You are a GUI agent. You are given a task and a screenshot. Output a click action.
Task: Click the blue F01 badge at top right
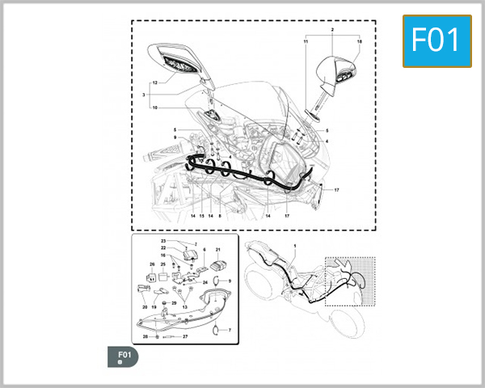[x=436, y=40]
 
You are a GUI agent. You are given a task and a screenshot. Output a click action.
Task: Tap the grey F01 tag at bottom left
[x=124, y=356]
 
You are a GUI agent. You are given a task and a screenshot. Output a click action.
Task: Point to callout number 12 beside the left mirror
[x=154, y=82]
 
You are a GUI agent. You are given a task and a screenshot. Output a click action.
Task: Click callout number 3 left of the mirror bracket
[x=144, y=95]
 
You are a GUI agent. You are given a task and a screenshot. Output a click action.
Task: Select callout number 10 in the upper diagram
[x=154, y=108]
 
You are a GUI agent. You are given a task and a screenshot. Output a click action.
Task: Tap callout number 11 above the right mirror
[x=306, y=40]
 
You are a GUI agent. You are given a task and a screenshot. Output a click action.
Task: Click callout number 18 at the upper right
[x=359, y=40]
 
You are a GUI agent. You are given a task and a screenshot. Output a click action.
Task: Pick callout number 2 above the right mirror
[x=332, y=28]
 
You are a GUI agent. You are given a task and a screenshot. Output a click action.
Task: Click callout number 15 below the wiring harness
[x=201, y=216]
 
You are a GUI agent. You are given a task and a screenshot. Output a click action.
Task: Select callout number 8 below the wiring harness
[x=219, y=216]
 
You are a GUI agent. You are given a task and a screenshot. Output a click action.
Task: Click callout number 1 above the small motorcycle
[x=295, y=245]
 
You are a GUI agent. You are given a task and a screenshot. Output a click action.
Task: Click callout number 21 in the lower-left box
[x=217, y=250]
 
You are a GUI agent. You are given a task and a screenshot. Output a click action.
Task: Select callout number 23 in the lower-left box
[x=162, y=242]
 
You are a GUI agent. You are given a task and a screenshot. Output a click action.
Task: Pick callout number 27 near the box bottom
[x=185, y=335]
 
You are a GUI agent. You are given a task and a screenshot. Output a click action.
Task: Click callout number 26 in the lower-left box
[x=151, y=264]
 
